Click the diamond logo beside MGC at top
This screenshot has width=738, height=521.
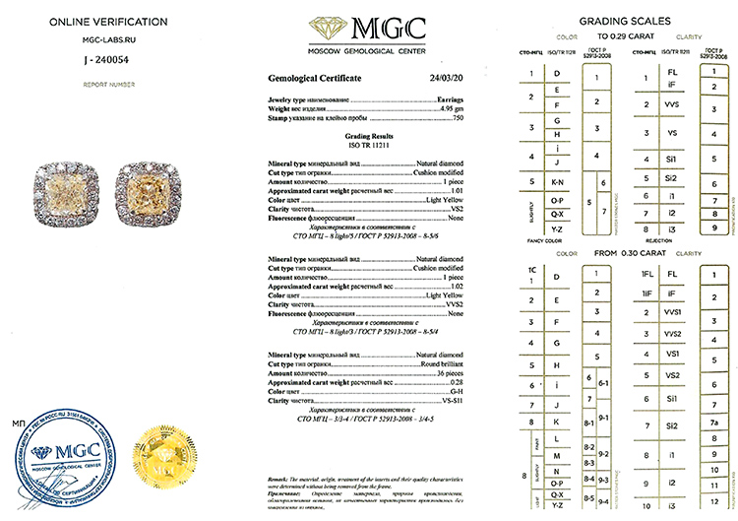pos(329,27)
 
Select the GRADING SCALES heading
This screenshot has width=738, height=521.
pos(625,21)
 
